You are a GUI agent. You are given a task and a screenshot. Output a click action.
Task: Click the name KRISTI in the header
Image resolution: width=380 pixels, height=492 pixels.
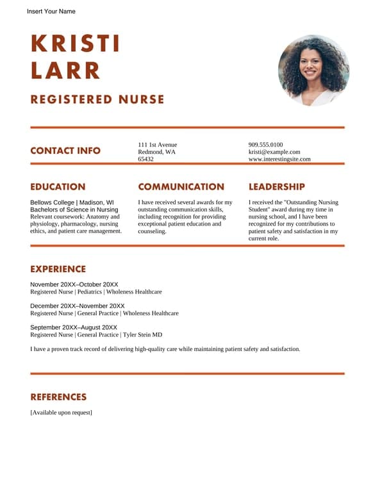(x=75, y=44)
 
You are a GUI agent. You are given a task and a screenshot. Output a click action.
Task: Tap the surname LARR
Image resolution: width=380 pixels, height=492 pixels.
(x=65, y=70)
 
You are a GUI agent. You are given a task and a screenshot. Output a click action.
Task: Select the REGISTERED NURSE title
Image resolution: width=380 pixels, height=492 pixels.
(x=97, y=99)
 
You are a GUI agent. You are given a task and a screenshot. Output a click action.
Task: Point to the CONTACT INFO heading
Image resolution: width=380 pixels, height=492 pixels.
(x=65, y=151)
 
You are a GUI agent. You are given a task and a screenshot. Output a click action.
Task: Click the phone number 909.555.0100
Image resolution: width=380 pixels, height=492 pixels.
(x=265, y=145)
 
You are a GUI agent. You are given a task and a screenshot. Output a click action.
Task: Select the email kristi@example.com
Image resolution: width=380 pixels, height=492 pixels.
(x=274, y=152)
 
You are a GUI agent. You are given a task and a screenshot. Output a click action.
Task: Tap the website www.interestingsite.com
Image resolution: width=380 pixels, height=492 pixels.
(x=279, y=159)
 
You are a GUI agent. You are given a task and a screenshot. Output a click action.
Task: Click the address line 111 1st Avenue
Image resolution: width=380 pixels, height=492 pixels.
(x=158, y=145)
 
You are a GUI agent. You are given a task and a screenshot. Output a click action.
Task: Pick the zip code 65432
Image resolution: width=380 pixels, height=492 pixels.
(x=145, y=159)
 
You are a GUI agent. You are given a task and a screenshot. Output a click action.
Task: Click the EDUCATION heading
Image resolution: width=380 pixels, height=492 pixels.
(x=58, y=187)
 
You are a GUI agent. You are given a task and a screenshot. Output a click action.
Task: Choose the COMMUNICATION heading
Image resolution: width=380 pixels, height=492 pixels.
(x=181, y=187)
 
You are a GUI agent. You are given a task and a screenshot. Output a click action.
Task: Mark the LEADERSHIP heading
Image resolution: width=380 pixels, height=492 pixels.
(x=276, y=187)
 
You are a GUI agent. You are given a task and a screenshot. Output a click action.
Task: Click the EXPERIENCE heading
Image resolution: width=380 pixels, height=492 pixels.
(x=58, y=269)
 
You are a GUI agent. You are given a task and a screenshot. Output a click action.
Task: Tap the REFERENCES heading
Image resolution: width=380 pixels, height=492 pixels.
(x=58, y=397)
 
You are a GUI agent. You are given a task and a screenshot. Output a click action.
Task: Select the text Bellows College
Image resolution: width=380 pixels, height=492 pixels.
(x=52, y=202)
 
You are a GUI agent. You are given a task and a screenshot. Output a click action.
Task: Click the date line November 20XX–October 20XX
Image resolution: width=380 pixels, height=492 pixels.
(x=74, y=284)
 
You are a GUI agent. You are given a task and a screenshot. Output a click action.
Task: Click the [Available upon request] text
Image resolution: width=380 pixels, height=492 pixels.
(x=61, y=413)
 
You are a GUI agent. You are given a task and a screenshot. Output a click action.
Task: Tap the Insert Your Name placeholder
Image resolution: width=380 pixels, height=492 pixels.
(x=51, y=12)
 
